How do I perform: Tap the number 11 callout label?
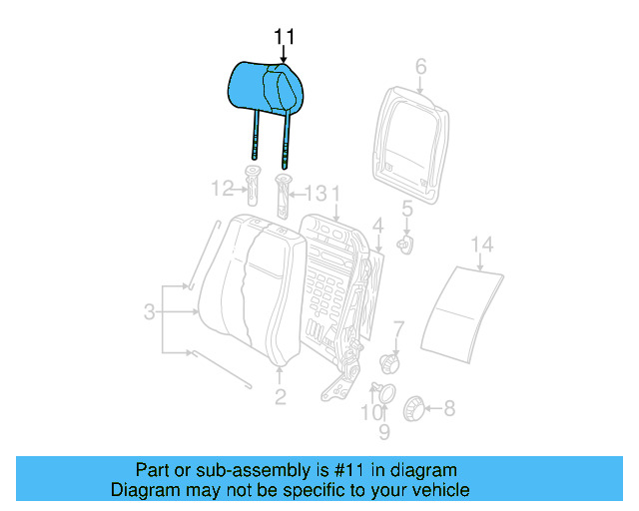(285, 37)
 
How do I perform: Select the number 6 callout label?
(420, 67)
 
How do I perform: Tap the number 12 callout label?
(222, 188)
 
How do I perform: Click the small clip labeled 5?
(404, 243)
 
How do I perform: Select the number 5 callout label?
(406, 209)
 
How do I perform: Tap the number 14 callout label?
(482, 244)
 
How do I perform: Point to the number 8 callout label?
(448, 407)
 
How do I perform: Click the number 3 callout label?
(148, 313)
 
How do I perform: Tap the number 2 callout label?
(281, 397)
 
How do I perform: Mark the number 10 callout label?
(370, 412)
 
